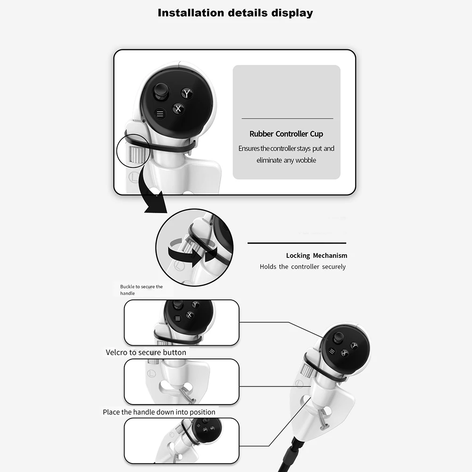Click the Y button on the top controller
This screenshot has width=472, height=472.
pyautogui.click(x=187, y=93)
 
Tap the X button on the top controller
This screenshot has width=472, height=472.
pyautogui.click(x=178, y=109)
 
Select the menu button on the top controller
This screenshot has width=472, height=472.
pyautogui.click(x=160, y=114)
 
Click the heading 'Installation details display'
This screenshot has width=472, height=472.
pyautogui.click(x=235, y=13)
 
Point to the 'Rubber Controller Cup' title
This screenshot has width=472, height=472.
pyautogui.click(x=286, y=134)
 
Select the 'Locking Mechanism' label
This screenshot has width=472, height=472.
pyautogui.click(x=316, y=256)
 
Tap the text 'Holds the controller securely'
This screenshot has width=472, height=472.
pyautogui.click(x=302, y=267)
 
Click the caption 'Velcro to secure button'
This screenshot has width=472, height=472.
pyautogui.click(x=146, y=352)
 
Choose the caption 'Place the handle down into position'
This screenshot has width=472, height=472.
pyautogui.click(x=159, y=412)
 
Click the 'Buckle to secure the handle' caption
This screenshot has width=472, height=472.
pyautogui.click(x=141, y=290)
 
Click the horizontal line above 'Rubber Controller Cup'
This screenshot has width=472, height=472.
pyautogui.click(x=287, y=118)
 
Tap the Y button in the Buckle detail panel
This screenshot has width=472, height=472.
pyautogui.click(x=195, y=305)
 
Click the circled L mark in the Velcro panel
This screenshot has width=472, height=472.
pyautogui.click(x=151, y=373)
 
